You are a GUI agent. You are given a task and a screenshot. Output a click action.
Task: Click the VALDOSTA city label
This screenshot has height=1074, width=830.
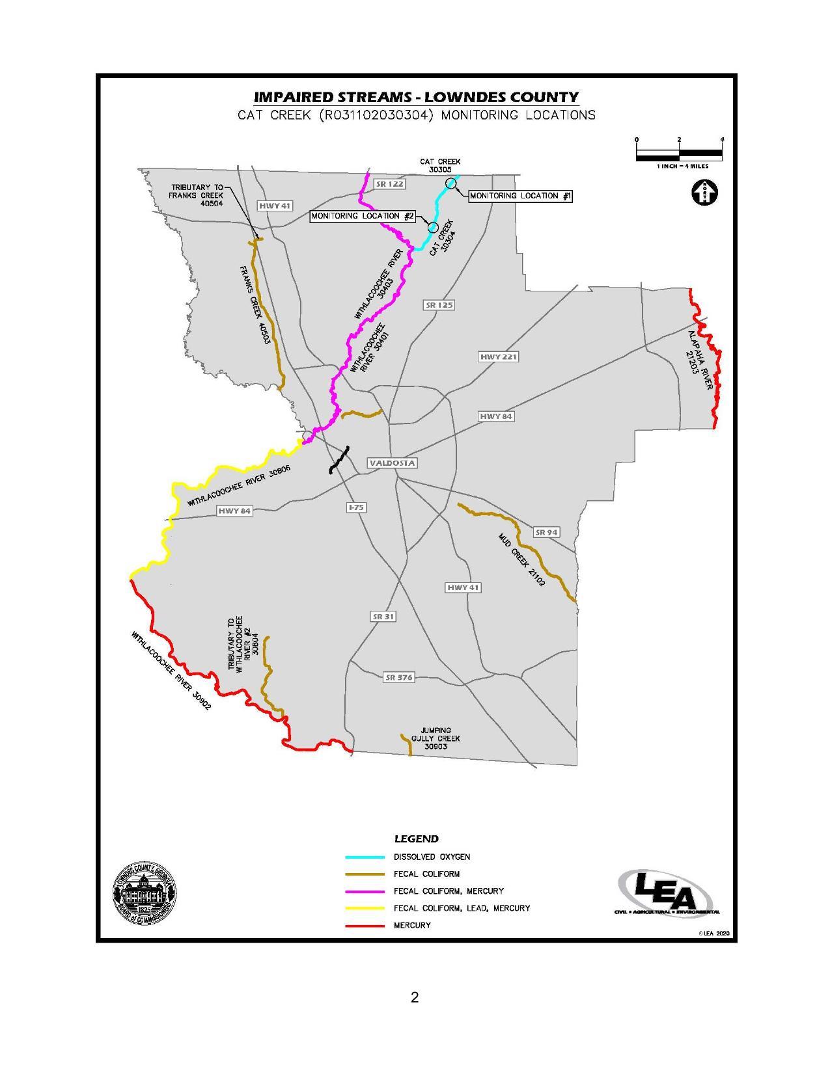click(392, 463)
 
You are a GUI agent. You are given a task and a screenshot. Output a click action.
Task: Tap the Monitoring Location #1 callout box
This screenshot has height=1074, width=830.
click(520, 196)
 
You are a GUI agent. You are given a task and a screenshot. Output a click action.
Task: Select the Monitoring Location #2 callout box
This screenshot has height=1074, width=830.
click(363, 216)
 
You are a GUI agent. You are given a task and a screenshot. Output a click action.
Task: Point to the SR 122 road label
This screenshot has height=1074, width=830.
click(390, 184)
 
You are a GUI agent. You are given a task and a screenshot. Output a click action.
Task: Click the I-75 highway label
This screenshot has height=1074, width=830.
click(355, 507)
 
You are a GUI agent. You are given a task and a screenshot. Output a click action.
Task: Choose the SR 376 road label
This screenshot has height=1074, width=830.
click(398, 677)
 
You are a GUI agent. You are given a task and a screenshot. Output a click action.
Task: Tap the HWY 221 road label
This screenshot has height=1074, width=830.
click(498, 356)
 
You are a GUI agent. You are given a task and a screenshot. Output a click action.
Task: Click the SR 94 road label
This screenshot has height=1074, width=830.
click(546, 532)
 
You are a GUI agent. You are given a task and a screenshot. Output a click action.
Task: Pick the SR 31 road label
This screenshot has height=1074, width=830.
click(383, 616)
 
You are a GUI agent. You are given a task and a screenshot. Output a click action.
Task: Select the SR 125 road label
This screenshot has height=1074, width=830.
click(439, 304)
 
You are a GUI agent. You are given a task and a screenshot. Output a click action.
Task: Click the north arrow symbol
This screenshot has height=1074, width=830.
click(704, 193)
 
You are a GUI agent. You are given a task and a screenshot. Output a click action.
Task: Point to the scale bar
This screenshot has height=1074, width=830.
click(679, 154)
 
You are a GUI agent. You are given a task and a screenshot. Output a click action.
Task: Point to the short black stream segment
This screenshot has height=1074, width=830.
click(339, 459)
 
